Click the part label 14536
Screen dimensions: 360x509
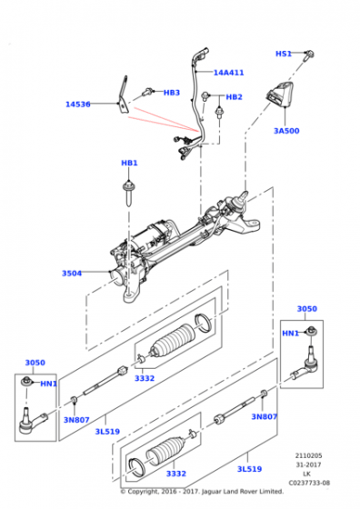[x=78, y=105]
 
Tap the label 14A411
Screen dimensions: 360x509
[x=228, y=73]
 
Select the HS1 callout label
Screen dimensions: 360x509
[x=284, y=54]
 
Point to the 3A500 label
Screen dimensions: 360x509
[x=286, y=131]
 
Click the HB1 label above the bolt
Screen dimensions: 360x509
[x=129, y=163]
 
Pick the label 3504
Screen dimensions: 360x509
[x=72, y=274]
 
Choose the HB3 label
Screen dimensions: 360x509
[x=172, y=93]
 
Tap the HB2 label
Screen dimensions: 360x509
[x=234, y=97]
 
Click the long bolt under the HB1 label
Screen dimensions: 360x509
[x=128, y=195]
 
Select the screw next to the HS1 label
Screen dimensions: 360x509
[x=309, y=55]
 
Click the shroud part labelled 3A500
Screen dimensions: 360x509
[x=279, y=95]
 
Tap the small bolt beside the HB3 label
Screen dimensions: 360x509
[x=148, y=93]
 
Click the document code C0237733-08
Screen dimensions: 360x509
[x=309, y=483]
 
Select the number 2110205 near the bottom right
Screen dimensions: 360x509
[x=309, y=455]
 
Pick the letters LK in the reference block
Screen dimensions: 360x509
[x=306, y=474]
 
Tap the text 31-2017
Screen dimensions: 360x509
[x=308, y=464]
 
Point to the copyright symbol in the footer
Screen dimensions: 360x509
[x=123, y=492]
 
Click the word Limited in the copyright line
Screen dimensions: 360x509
[x=270, y=492]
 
